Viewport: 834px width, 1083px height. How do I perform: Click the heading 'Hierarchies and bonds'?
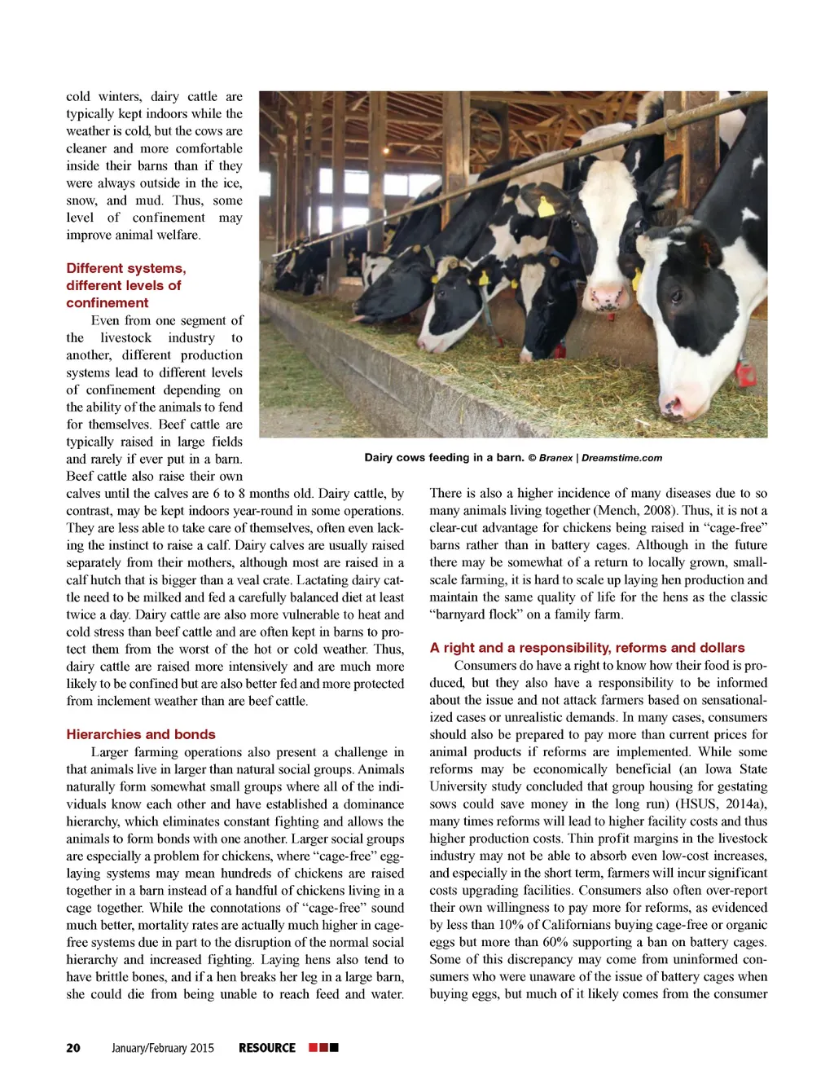click(141, 734)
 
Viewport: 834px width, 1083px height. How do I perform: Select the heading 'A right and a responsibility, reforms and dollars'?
click(587, 648)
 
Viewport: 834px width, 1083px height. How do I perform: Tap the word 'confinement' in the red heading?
click(108, 303)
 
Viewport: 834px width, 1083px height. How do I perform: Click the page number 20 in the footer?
click(73, 1048)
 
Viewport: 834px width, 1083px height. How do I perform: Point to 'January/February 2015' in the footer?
click(163, 1048)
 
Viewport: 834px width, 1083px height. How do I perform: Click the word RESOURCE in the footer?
click(267, 1048)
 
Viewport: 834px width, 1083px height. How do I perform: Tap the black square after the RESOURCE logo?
click(334, 1047)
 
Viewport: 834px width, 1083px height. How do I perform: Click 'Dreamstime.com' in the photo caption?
click(621, 458)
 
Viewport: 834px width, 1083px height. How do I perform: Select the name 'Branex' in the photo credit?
click(555, 458)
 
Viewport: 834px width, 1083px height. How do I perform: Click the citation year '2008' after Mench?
click(660, 511)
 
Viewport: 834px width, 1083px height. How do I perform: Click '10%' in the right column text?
click(511, 925)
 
